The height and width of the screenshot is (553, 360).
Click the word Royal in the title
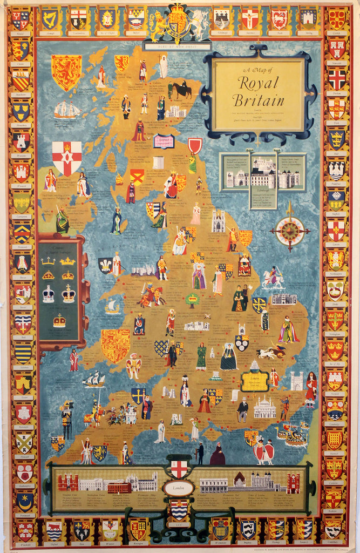[259, 83]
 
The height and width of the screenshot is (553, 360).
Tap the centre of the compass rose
[290, 231]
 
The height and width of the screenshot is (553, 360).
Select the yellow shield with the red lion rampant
[66, 71]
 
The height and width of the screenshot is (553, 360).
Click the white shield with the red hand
[67, 157]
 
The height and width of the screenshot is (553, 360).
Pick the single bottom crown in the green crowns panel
[59, 321]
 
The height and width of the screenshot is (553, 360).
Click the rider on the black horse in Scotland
[182, 89]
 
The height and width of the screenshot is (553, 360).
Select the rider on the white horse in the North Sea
[273, 278]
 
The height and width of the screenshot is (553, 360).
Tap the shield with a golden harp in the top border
[50, 18]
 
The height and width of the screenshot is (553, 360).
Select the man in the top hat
[243, 409]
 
